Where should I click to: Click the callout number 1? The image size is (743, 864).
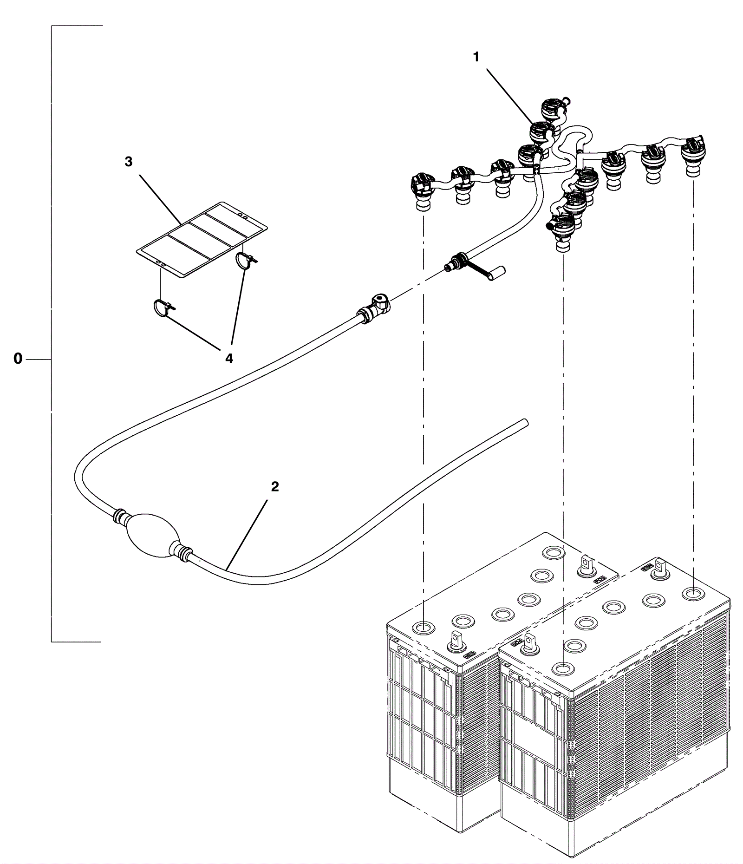tap(476, 57)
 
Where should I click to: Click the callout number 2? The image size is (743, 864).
tap(275, 487)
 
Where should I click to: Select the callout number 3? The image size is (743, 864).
tap(129, 162)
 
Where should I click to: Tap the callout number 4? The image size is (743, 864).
tap(228, 359)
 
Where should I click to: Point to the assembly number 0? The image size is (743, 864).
tap(18, 359)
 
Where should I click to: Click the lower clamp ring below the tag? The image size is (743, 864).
tap(163, 308)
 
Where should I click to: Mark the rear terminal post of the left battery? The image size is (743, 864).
tap(586, 564)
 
